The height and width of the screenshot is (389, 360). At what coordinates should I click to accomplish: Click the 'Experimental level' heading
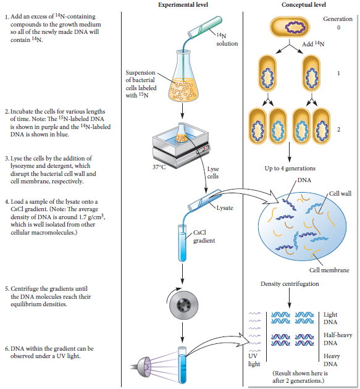click(x=183, y=5)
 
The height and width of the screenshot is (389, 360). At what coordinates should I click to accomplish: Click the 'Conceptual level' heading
click(x=304, y=5)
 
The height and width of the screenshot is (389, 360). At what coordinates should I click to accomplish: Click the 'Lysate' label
click(x=224, y=208)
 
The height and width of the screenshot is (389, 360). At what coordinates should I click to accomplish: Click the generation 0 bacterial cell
click(x=289, y=28)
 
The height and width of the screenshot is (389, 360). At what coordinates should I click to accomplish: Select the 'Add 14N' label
click(x=313, y=44)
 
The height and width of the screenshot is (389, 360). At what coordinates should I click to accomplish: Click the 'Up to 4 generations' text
click(x=290, y=169)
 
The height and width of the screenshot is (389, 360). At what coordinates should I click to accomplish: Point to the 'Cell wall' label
click(x=340, y=194)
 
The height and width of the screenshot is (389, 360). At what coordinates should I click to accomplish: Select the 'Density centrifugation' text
click(x=289, y=284)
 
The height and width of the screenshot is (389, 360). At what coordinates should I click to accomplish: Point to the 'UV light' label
click(x=254, y=360)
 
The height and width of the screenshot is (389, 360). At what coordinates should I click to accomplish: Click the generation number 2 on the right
click(x=338, y=129)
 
